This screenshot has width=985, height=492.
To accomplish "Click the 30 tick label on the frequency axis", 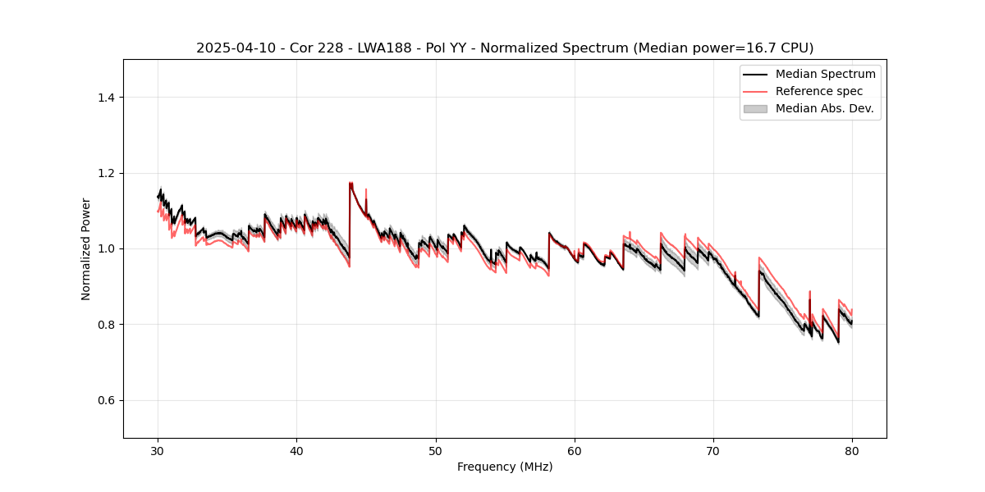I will [158, 451].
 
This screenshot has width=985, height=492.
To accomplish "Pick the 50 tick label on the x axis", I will [436, 451].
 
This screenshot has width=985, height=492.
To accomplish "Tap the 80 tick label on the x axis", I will [852, 451].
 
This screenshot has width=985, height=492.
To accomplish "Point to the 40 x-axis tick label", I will [297, 451].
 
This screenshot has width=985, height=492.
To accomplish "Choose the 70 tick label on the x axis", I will [713, 451].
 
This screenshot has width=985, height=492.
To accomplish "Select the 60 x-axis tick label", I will [575, 451].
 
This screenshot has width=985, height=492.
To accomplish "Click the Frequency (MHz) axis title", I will [505, 467].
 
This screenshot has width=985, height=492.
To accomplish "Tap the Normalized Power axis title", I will [86, 248].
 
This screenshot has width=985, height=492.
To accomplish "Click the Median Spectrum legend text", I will [825, 74].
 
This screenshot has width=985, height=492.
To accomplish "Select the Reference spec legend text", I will [819, 91].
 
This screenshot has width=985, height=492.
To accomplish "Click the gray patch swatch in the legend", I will [755, 108].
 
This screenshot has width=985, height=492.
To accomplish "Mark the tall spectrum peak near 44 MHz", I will [350, 184].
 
